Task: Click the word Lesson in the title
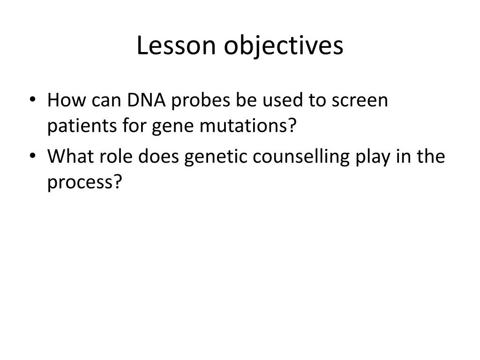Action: [x=176, y=45]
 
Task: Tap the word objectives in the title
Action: [x=284, y=46]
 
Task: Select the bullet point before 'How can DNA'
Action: [x=32, y=99]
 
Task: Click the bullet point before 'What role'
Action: [x=32, y=156]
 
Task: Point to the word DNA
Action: [x=146, y=100]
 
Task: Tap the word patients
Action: [x=82, y=126]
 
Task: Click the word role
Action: [x=116, y=156]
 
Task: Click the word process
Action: [x=81, y=184]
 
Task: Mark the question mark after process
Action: [x=118, y=182]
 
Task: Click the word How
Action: [x=67, y=100]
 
